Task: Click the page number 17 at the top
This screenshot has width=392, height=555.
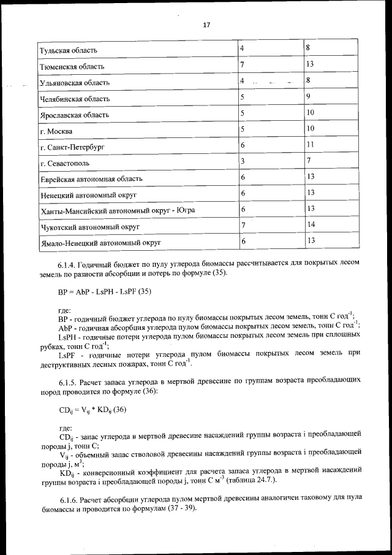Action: (x=206, y=25)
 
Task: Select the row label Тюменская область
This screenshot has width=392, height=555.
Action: (x=72, y=66)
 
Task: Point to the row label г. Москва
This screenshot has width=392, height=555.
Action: (x=56, y=131)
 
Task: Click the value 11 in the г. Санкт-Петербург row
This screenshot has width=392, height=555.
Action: (x=311, y=145)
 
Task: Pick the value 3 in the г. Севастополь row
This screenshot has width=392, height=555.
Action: (x=243, y=161)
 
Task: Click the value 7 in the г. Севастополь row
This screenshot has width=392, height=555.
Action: (x=310, y=161)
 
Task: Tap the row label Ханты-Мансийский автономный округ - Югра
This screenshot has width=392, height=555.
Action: (x=117, y=211)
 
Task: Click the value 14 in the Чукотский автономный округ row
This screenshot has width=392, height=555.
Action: (x=311, y=224)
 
